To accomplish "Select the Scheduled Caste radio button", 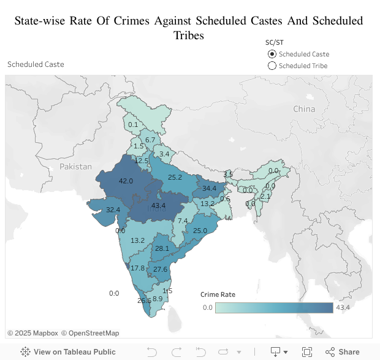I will click(x=272, y=54).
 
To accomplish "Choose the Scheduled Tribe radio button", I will click(x=272, y=66).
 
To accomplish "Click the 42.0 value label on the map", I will click(x=126, y=181).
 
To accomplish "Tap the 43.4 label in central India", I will click(x=158, y=205).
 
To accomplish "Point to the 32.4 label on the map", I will click(x=113, y=210).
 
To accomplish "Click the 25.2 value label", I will click(x=175, y=177).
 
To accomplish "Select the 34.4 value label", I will click(x=210, y=188).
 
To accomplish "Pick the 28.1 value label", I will click(x=162, y=248).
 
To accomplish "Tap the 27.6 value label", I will click(x=160, y=269).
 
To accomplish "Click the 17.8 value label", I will click(x=138, y=268).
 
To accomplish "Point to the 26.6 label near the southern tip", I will click(x=144, y=301).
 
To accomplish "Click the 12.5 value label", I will click(x=142, y=161).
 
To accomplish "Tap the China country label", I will click(x=304, y=109).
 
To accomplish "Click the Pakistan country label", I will click(x=75, y=166).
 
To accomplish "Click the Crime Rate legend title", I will click(x=218, y=294).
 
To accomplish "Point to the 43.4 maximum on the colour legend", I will click(x=343, y=307).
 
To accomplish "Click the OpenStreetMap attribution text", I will click(x=94, y=333).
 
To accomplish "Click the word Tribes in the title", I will click(x=189, y=36).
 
